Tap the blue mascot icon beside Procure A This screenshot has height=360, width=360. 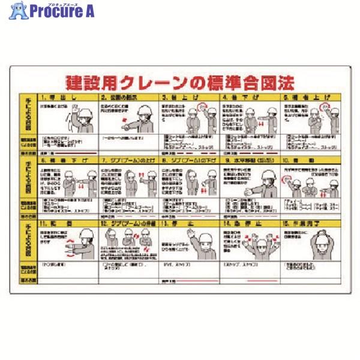(x=18, y=11)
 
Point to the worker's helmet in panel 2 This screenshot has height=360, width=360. (x=144, y=110)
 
